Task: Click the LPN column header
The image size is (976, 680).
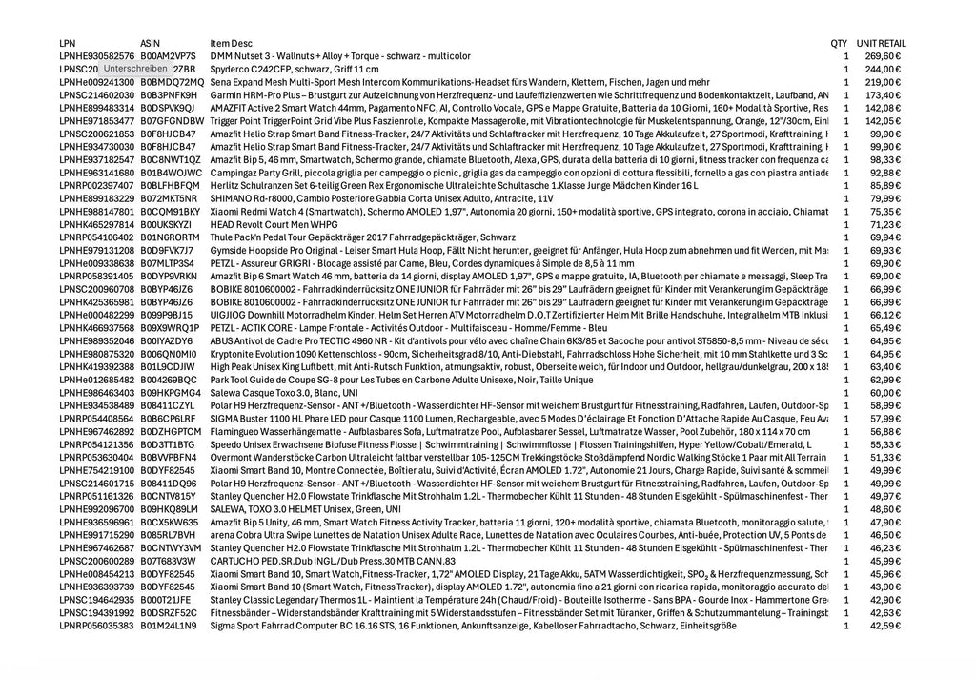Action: (68, 44)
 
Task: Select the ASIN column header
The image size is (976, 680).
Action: (151, 44)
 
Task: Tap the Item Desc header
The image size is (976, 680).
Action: (232, 44)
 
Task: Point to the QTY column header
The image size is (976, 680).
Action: (839, 44)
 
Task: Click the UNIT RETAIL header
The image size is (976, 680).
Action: (881, 44)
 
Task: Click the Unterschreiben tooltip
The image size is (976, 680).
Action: (135, 69)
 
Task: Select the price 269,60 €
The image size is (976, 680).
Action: (883, 56)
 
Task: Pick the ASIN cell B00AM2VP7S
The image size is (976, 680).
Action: (168, 56)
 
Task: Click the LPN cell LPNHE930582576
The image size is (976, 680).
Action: (96, 56)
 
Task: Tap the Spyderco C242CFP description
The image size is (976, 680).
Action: (295, 70)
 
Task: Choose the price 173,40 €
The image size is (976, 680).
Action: (883, 95)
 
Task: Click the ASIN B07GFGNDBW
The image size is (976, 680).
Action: (172, 121)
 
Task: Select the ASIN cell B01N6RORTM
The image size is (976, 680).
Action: (170, 237)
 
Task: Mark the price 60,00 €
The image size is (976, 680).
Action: (884, 393)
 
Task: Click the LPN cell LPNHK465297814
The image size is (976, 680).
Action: (96, 224)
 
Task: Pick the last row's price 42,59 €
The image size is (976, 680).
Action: (884, 626)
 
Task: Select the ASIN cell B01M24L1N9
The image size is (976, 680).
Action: (169, 626)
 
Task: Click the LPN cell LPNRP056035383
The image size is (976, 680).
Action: (96, 626)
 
